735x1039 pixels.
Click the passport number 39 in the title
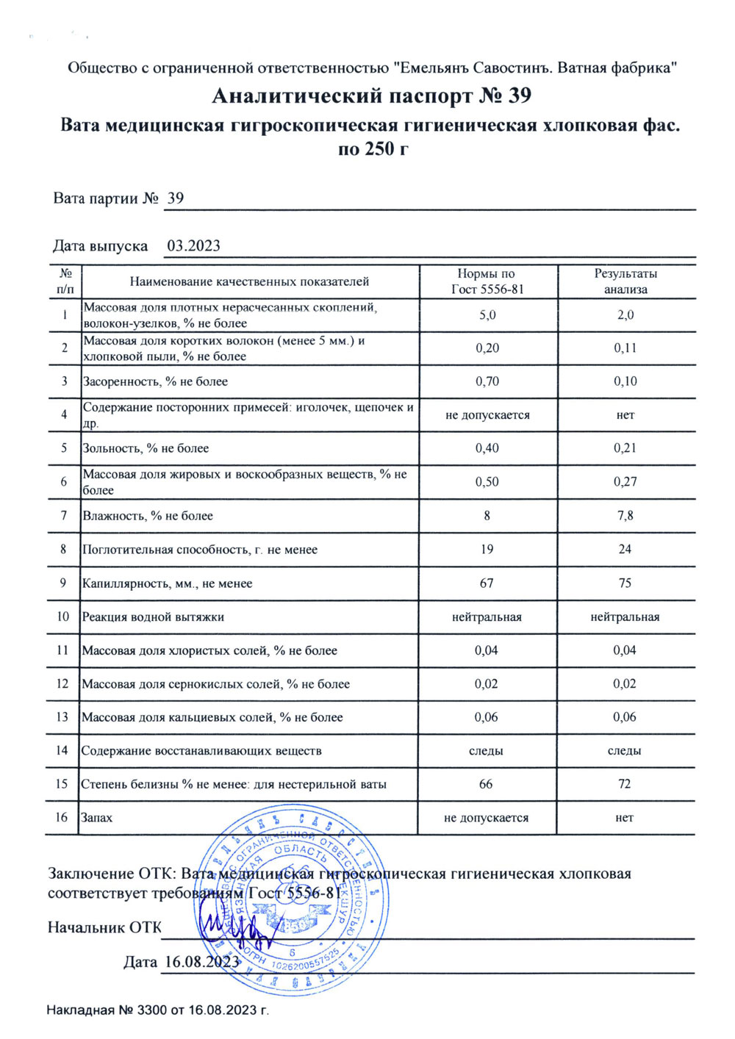click(519, 96)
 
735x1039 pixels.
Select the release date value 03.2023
click(193, 246)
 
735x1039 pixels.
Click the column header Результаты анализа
click(625, 281)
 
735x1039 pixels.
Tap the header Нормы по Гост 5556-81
click(487, 281)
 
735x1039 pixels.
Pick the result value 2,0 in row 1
click(625, 315)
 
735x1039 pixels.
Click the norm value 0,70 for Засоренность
click(487, 381)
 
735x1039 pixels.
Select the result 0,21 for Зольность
click(625, 448)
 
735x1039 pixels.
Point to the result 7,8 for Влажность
click(625, 516)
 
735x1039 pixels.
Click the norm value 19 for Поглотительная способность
click(487, 550)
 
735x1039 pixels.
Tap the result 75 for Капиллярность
click(625, 583)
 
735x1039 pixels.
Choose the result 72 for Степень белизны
click(625, 784)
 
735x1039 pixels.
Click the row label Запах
click(97, 818)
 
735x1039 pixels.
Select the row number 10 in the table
click(63, 616)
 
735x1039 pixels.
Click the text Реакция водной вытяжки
click(153, 617)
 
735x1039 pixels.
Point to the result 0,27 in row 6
click(625, 482)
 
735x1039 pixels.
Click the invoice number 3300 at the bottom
click(152, 1010)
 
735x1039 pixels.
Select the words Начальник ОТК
click(104, 927)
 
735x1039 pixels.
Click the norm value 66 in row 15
click(486, 784)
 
